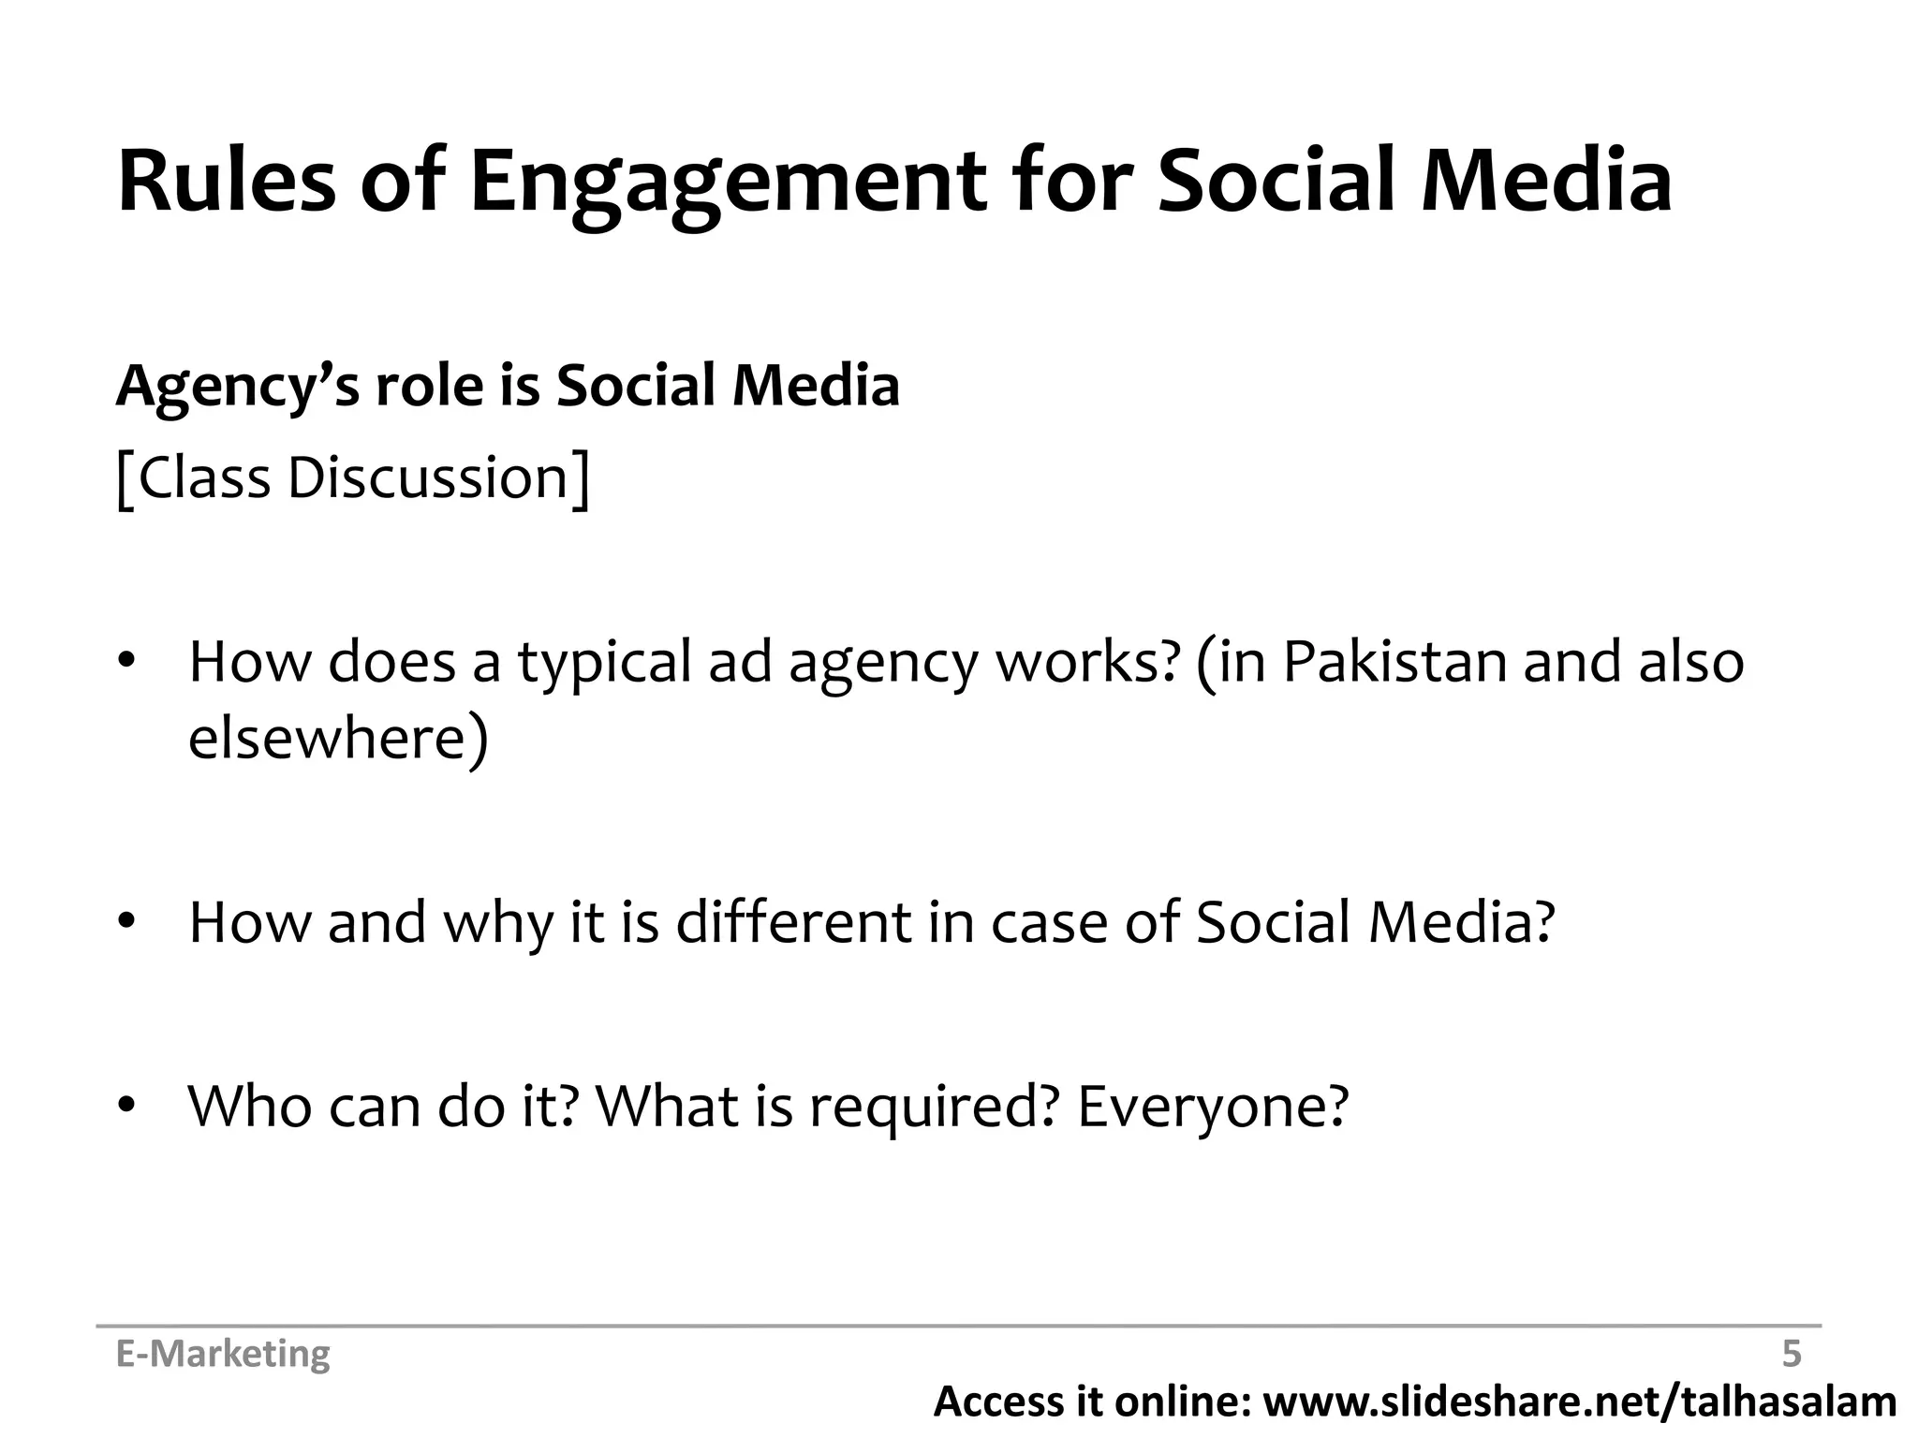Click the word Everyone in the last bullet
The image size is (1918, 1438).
click(1212, 1107)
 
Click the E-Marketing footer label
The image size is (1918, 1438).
click(223, 1354)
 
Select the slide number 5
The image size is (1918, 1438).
click(1791, 1354)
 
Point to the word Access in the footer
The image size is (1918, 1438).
click(996, 1401)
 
